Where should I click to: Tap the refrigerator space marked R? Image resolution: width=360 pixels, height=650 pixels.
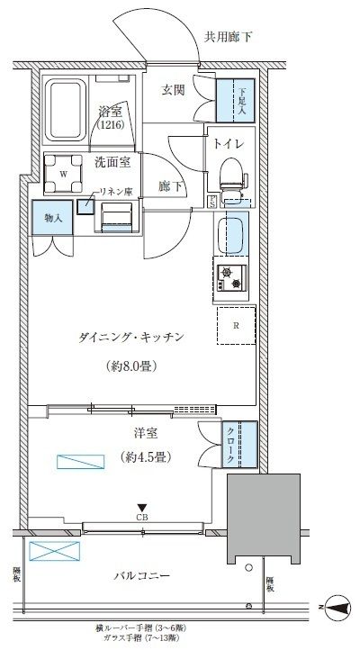236,326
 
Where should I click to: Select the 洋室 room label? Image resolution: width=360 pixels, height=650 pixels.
138,433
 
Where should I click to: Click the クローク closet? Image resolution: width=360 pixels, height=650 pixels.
240,445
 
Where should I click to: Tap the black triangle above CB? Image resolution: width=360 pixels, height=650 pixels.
141,507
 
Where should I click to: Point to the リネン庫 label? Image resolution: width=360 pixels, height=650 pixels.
114,192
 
